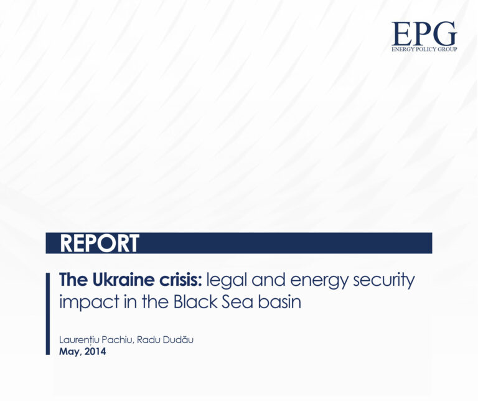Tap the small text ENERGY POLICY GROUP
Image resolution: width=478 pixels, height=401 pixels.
[x=424, y=49]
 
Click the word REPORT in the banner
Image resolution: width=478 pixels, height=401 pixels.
[x=100, y=243]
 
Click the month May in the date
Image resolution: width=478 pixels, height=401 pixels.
[x=70, y=352]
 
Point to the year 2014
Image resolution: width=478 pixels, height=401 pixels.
[x=95, y=352]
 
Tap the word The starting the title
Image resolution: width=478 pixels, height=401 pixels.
[x=71, y=280]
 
